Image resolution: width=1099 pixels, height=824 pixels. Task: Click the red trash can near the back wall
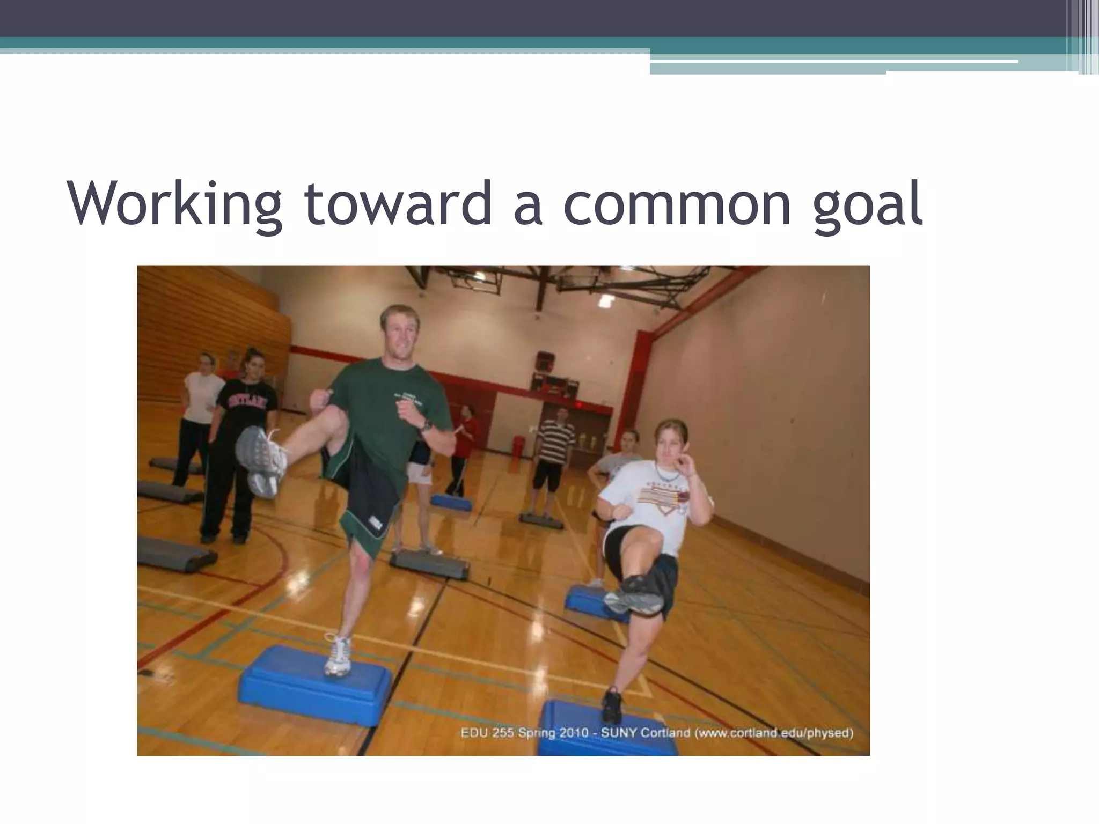point(518,445)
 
